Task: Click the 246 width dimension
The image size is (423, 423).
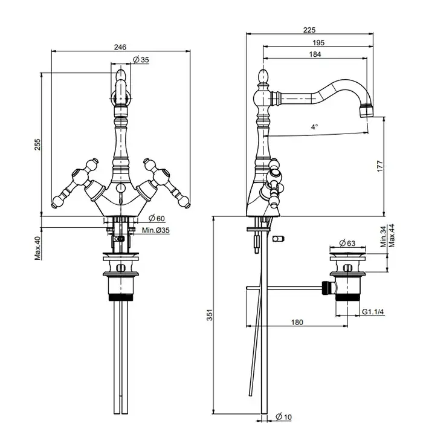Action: click(x=120, y=47)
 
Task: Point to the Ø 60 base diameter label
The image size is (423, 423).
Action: click(x=157, y=218)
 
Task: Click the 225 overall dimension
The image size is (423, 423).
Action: click(x=309, y=30)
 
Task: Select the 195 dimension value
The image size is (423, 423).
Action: click(x=318, y=42)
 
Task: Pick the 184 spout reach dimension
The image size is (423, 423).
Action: click(x=315, y=54)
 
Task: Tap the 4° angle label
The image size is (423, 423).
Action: click(x=314, y=128)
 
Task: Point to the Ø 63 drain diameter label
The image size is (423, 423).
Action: click(x=347, y=243)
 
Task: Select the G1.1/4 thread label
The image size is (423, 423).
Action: click(x=374, y=312)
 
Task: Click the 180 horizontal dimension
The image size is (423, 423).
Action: click(x=296, y=323)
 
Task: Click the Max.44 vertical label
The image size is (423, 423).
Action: click(x=392, y=236)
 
